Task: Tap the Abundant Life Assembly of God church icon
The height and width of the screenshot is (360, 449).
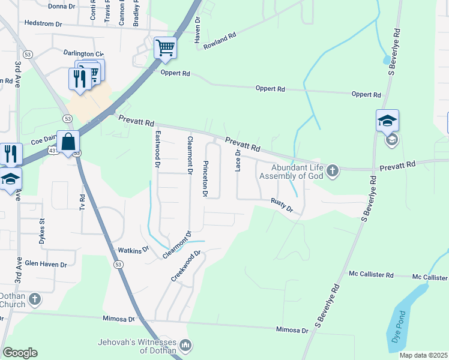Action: (x=333, y=173)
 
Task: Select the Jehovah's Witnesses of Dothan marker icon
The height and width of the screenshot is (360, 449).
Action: (x=185, y=346)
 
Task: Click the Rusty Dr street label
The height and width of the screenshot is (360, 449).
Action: (x=281, y=205)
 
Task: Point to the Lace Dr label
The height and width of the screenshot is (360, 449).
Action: (x=238, y=160)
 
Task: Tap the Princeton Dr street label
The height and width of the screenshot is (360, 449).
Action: (x=205, y=179)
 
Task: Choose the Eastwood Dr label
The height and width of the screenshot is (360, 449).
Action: (x=158, y=148)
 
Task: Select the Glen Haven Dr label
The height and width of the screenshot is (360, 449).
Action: (x=46, y=263)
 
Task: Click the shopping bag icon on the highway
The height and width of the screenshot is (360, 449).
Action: (x=68, y=142)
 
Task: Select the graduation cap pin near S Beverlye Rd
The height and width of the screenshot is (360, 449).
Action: (x=387, y=121)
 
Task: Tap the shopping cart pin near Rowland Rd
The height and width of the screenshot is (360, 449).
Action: (x=165, y=47)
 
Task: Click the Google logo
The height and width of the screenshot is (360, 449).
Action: (x=20, y=353)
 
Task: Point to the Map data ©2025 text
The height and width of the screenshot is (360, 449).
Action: (x=423, y=355)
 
